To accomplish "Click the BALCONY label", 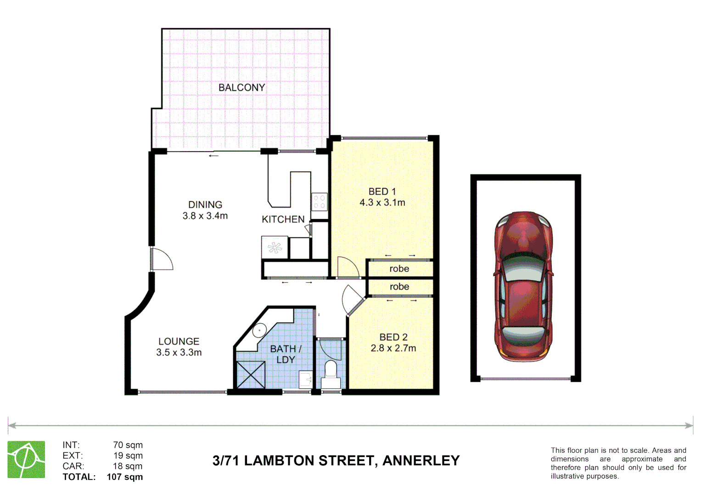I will (241, 88).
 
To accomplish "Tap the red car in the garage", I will (523, 286).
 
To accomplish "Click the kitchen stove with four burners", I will (320, 202).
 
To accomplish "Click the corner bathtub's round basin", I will (259, 330).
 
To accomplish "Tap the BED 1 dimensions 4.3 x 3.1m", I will (382, 203).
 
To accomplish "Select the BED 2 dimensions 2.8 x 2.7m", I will (393, 348).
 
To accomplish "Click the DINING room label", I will (205, 205).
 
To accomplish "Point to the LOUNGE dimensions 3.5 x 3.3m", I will (179, 352).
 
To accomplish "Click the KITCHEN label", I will (283, 220).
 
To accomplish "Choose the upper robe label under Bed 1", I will (399, 269).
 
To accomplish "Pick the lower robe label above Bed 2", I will (399, 287).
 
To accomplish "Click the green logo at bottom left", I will (26, 459).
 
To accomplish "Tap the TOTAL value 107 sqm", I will (124, 477).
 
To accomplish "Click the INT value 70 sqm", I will (128, 445).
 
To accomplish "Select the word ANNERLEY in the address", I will (421, 461).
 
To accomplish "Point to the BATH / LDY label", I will (286, 354).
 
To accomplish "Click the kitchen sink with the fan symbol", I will (275, 248).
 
